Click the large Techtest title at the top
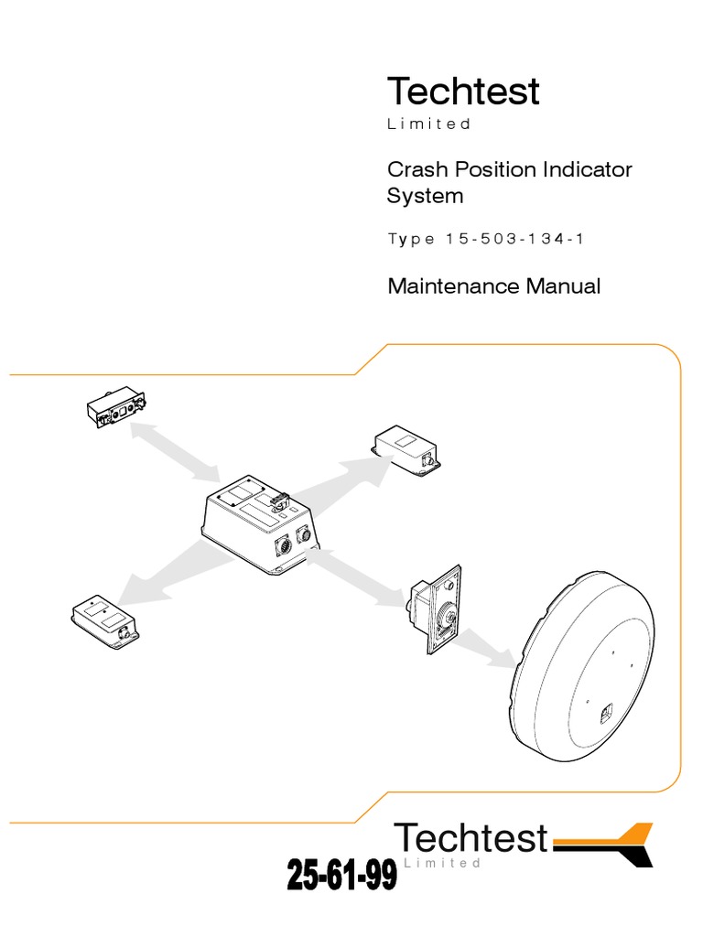pyautogui.click(x=463, y=91)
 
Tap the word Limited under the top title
pyautogui.click(x=428, y=124)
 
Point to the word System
pyautogui.click(x=425, y=196)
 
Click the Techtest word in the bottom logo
pyautogui.click(x=471, y=837)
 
